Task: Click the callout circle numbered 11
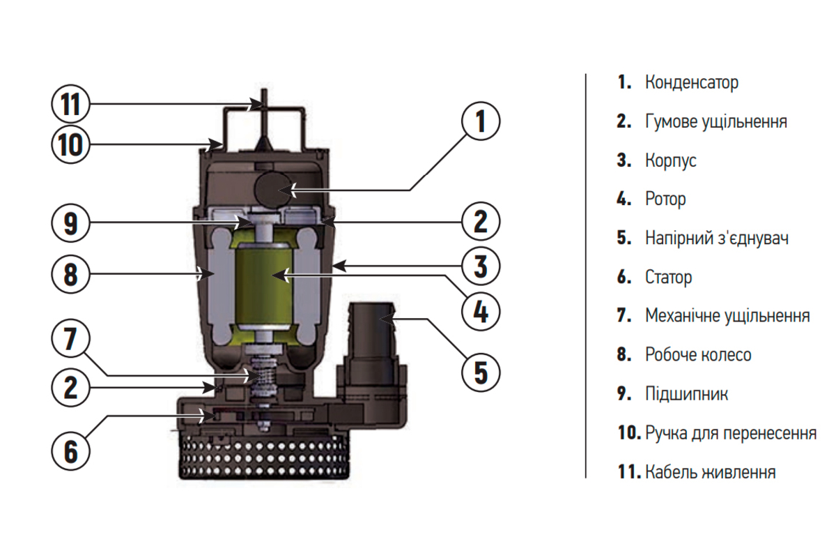[x=70, y=105]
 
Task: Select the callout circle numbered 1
[x=481, y=122]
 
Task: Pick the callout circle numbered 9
[x=70, y=223]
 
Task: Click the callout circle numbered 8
[x=70, y=274]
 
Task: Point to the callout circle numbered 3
[x=481, y=266]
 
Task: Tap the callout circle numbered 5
[x=481, y=371]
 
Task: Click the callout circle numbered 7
[x=70, y=340]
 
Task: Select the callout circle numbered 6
[x=70, y=450]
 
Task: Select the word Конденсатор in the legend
[x=692, y=82]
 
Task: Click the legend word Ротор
[x=665, y=199]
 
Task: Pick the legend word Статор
[x=669, y=277]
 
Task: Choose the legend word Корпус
[x=671, y=160]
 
